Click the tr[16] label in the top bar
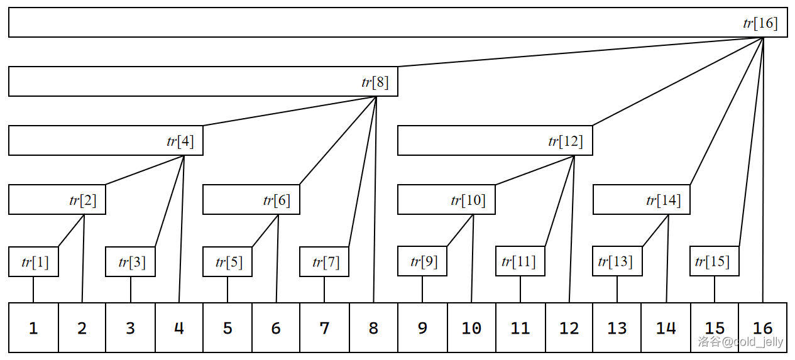[760, 24]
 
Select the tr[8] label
[375, 82]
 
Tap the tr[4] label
[180, 141]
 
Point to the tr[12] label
[566, 141]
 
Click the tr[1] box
[33, 262]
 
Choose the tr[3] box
[131, 262]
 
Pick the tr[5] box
[228, 262]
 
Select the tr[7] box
[324, 262]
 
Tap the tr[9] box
[422, 262]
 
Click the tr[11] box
[520, 262]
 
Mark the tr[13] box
[617, 262]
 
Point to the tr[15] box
[715, 262]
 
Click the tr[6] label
[277, 200]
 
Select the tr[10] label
[468, 200]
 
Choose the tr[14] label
[664, 200]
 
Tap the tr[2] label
[83, 200]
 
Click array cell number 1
[33, 328]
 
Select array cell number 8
[373, 328]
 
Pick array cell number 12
[569, 328]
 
